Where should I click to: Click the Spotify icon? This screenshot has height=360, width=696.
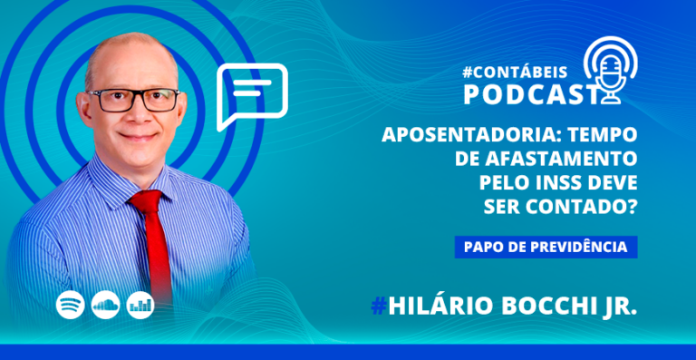70,305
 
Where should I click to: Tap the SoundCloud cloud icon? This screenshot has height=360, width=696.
106,305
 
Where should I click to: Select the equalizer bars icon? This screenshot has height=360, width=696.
140,305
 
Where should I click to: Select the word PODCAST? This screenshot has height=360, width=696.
529,95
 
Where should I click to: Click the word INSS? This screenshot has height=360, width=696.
556,183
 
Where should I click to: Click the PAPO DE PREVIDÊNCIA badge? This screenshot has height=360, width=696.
546,248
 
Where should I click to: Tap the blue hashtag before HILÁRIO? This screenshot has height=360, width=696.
379,306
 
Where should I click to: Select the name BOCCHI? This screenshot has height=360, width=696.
550,306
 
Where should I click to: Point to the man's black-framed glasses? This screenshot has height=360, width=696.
133,100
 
